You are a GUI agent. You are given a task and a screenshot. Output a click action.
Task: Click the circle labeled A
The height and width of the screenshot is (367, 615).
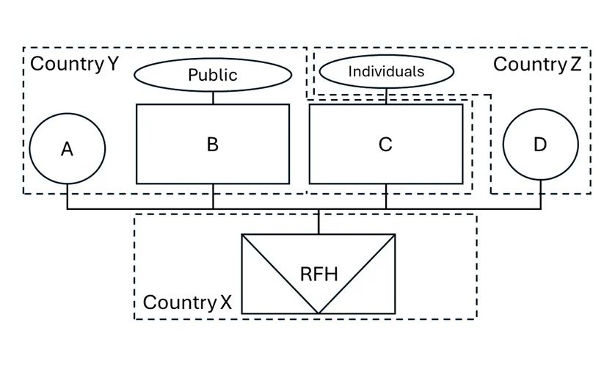(68, 149)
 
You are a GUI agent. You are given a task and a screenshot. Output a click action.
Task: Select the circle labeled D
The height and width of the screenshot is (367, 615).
(540, 145)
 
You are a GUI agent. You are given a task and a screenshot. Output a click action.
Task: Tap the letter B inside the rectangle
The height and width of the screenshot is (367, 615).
(213, 144)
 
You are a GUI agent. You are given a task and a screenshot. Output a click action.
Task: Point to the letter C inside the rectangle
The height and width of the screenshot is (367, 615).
(385, 145)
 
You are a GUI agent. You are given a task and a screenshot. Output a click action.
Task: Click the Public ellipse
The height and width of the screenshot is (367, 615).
(213, 74)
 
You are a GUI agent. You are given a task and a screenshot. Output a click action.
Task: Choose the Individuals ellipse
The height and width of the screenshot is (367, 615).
(386, 72)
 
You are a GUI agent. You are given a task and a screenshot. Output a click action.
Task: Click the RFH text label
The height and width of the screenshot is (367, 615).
(319, 275)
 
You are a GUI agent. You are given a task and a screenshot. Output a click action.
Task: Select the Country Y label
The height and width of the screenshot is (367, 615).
(74, 64)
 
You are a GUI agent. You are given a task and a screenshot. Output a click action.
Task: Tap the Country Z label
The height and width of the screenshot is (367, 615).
(537, 64)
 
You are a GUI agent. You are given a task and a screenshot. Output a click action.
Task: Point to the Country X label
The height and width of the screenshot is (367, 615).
(187, 302)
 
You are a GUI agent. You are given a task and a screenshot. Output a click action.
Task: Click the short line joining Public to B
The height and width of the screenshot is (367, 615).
(213, 98)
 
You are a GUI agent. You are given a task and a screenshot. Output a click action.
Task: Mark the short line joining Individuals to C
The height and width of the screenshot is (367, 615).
(386, 95)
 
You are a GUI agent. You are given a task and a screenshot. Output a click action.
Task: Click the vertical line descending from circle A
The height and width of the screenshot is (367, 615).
(68, 197)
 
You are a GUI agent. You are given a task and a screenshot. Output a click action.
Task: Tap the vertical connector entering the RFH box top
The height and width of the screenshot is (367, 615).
(319, 222)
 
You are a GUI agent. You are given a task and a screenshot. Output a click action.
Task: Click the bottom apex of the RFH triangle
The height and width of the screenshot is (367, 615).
(319, 313)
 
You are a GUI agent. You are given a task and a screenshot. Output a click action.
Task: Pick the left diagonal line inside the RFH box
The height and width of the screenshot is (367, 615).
(281, 273)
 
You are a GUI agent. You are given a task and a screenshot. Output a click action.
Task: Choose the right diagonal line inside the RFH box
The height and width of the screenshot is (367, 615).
(357, 273)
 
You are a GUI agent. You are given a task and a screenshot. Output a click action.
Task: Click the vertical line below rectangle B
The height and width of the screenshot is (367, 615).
(213, 197)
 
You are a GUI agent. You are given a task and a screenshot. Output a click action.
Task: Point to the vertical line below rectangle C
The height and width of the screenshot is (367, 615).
(386, 197)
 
